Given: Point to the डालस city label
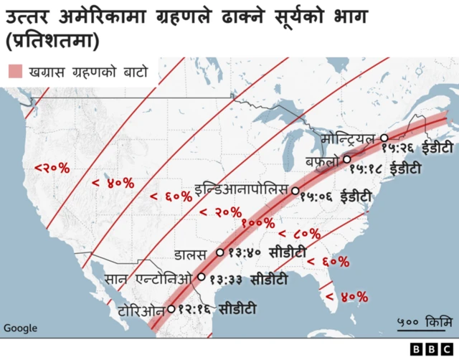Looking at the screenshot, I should [x=194, y=254].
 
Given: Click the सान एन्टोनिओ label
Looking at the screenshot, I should [x=148, y=278].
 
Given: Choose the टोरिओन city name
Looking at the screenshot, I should [x=141, y=311].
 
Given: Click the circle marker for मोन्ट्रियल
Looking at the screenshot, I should [x=384, y=138].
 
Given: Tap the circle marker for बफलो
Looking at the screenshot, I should [x=347, y=159].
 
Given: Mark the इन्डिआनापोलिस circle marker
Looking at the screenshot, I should [x=295, y=191].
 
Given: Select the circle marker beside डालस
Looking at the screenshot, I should [x=220, y=252].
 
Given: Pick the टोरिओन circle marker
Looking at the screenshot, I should [x=171, y=310].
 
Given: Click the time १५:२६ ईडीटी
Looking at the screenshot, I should [x=417, y=148].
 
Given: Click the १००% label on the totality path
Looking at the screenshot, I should [x=257, y=224].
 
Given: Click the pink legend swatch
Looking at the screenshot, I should [x=15, y=72].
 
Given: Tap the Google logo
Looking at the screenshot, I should [x=20, y=328].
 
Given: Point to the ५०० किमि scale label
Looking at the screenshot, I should [x=422, y=320].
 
